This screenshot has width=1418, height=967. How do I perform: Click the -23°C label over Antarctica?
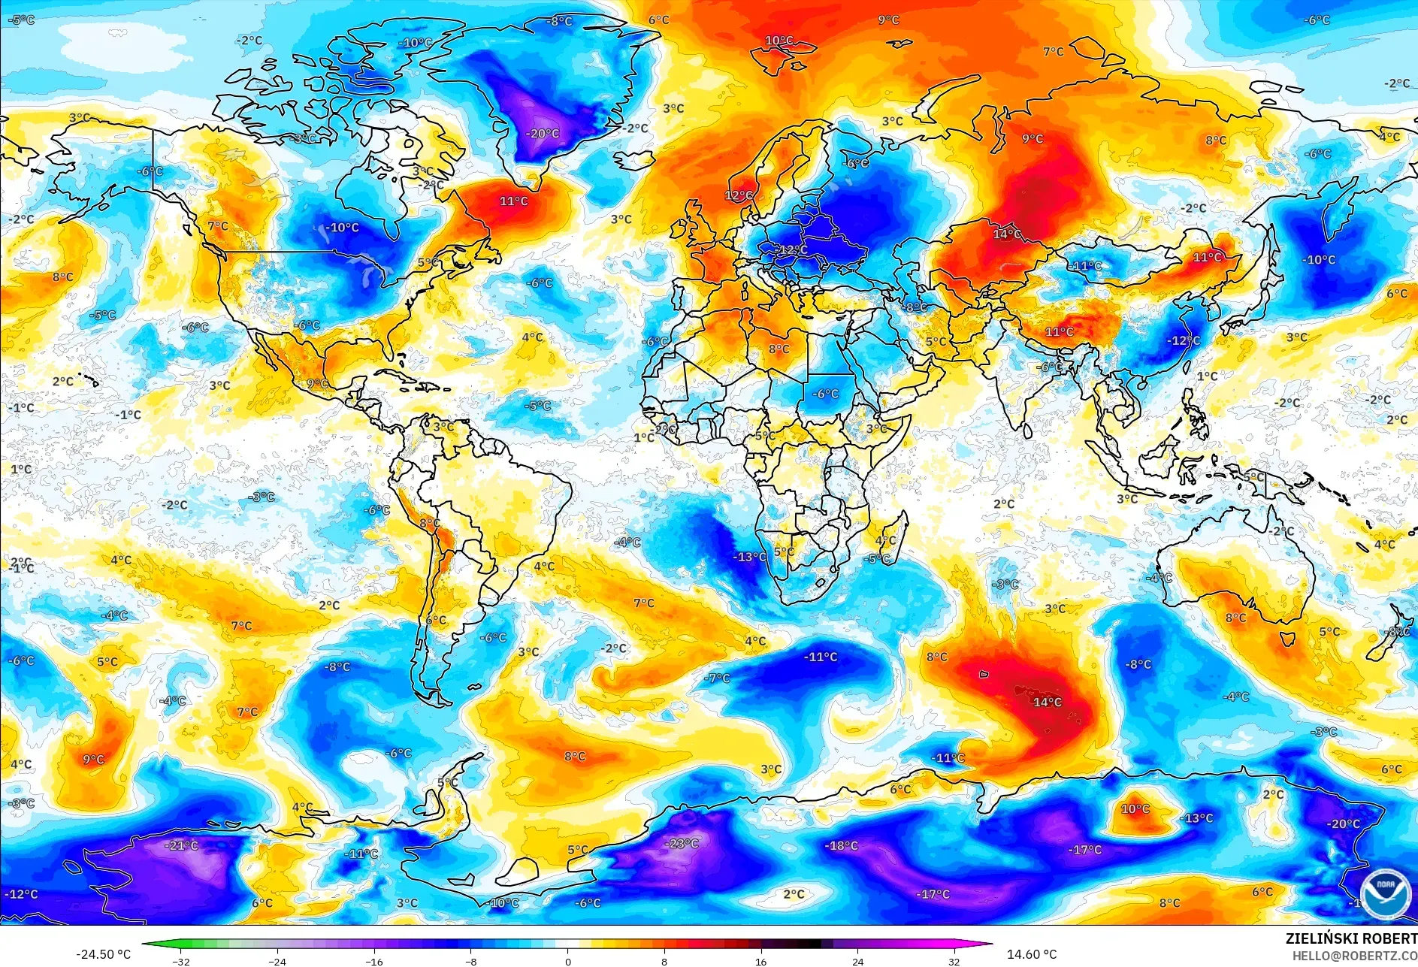682,843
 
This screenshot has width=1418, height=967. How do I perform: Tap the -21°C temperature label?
182,845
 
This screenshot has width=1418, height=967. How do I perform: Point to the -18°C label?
842,845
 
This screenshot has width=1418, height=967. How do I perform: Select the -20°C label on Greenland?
543,134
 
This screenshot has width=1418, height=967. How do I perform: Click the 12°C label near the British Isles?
738,195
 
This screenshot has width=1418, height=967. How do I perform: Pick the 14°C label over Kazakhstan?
1007,234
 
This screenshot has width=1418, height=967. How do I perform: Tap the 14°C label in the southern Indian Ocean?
1047,702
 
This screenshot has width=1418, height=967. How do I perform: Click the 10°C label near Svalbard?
779,41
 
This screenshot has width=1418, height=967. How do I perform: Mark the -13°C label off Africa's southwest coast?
750,557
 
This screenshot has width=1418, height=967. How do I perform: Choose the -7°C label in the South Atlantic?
717,678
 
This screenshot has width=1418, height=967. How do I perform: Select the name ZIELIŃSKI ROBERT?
1350,938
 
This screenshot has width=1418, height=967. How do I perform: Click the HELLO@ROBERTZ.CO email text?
1354,955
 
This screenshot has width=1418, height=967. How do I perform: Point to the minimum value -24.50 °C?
103,954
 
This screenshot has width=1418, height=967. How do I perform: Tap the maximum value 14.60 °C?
1031,954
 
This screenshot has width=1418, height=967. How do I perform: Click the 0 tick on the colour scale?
567,961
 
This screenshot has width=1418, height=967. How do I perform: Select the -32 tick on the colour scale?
180,961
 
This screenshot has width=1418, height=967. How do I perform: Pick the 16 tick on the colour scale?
760,961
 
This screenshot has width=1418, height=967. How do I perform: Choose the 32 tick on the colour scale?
954,961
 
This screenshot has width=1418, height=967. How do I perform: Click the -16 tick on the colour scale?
373,961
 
